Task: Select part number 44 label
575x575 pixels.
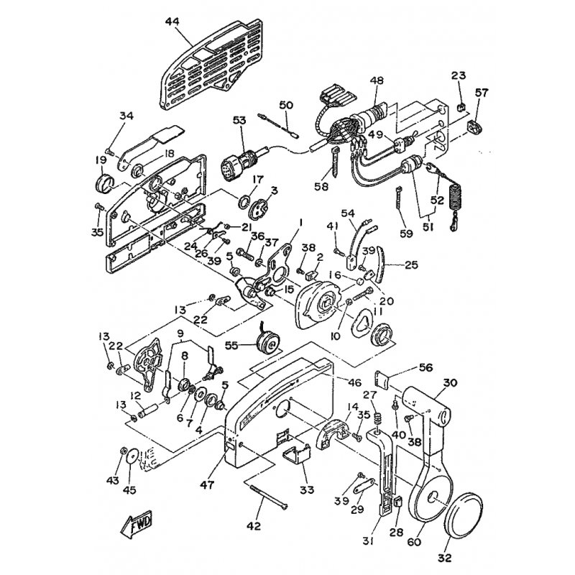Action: [x=172, y=22]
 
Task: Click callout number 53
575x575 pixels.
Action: [x=240, y=120]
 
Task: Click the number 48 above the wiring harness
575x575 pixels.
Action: [x=377, y=80]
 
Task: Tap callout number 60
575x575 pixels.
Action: [x=414, y=541]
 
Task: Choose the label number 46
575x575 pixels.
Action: [x=354, y=382]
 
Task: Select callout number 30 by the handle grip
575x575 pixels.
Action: [x=450, y=382]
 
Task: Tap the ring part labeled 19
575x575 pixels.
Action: [x=104, y=183]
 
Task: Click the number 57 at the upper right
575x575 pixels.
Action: [x=482, y=93]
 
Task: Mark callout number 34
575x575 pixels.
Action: [x=126, y=116]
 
